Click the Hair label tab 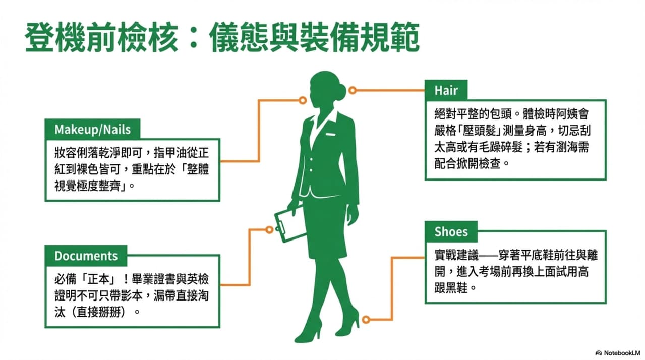click(446, 90)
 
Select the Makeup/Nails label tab click(92, 129)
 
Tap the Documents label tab click(86, 256)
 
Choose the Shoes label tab click(451, 231)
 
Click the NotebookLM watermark click(618, 353)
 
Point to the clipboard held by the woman click(289, 223)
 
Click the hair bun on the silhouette click(340, 92)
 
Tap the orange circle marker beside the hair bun click(353, 90)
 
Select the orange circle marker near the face click(303, 100)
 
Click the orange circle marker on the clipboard click(269, 229)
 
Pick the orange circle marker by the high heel click(366, 319)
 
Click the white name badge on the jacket click(330, 134)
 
